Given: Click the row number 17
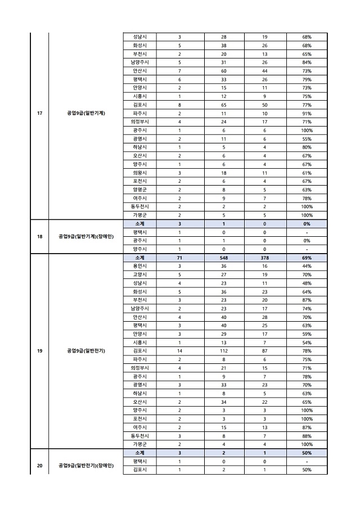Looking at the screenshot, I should point(39,112).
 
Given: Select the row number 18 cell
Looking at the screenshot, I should point(39,236).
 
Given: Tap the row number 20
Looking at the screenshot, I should point(39,465).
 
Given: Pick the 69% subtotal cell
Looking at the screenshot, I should point(307,257).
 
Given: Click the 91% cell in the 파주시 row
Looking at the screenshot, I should point(307,113).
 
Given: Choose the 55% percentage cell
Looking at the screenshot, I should point(307,138).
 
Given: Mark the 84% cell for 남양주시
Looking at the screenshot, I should point(307,62).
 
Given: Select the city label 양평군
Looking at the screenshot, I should point(139,190).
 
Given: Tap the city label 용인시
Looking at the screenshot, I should point(139,265).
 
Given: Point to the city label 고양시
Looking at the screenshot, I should point(139,274).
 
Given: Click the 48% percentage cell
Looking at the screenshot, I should point(307,283).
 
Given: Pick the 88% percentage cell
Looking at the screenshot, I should point(307,435).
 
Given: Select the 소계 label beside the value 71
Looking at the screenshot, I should point(139,257).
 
